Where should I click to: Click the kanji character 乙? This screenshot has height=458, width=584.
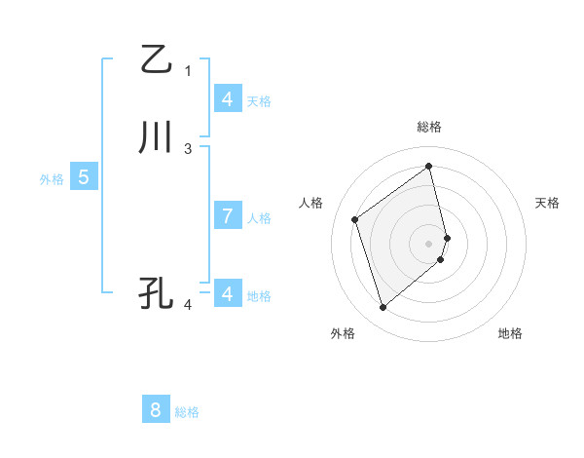click(x=156, y=59)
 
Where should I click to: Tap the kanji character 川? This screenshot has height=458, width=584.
click(x=156, y=138)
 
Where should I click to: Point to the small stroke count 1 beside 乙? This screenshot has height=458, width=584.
click(x=188, y=70)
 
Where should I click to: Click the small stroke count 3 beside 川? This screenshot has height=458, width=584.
click(x=188, y=148)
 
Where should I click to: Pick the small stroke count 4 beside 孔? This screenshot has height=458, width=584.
click(x=188, y=304)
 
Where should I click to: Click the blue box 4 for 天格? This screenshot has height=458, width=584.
click(x=227, y=99)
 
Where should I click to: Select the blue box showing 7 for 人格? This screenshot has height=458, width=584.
click(x=227, y=216)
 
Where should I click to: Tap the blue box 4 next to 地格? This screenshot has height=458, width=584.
click(x=227, y=293)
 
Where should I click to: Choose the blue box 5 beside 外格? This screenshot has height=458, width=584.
click(x=84, y=177)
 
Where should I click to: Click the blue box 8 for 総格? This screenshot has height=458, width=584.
click(x=156, y=410)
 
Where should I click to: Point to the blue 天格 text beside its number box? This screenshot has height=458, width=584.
click(x=259, y=100)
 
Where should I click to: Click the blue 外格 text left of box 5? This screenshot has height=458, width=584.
click(x=52, y=179)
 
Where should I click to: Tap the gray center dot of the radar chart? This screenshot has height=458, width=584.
click(x=429, y=243)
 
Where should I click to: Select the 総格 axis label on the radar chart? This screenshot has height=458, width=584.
click(x=429, y=127)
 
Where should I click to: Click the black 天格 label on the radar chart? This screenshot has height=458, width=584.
click(x=547, y=203)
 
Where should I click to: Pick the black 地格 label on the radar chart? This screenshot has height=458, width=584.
click(x=510, y=334)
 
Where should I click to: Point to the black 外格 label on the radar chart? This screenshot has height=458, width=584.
click(x=343, y=334)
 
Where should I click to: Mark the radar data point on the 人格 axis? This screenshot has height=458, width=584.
click(x=355, y=219)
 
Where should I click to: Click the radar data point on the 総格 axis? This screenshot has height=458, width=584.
click(x=429, y=166)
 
